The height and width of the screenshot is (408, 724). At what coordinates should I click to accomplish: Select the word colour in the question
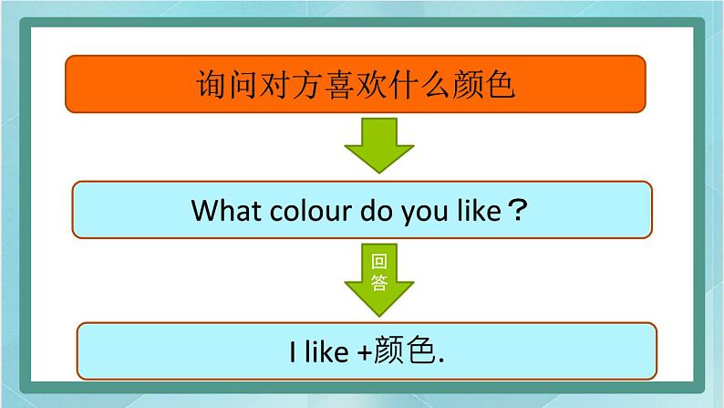click(311, 211)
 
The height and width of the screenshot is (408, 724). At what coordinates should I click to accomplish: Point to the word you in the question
click(424, 214)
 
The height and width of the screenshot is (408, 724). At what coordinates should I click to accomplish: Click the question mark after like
click(517, 210)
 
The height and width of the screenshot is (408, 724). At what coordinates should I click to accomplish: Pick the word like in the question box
click(479, 211)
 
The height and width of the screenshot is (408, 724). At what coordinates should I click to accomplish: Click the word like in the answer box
click(326, 351)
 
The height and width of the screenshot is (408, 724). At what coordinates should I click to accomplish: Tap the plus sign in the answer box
click(365, 353)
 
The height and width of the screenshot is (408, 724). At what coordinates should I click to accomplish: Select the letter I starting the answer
click(293, 352)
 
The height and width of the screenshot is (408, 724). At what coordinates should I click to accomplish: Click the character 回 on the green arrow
click(379, 262)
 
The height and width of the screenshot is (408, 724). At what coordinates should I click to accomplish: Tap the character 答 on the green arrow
click(379, 282)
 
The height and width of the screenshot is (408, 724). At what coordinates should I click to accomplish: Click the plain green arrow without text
click(379, 145)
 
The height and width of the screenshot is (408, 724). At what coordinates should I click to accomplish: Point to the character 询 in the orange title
click(212, 85)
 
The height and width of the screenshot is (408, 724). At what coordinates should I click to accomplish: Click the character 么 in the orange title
click(436, 85)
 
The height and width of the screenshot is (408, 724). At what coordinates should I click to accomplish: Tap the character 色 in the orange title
click(500, 85)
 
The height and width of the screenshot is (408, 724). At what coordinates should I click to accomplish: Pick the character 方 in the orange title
click(307, 85)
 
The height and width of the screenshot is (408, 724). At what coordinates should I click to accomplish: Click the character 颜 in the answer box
click(388, 350)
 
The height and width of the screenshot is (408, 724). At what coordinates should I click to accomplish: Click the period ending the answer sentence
click(441, 360)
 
